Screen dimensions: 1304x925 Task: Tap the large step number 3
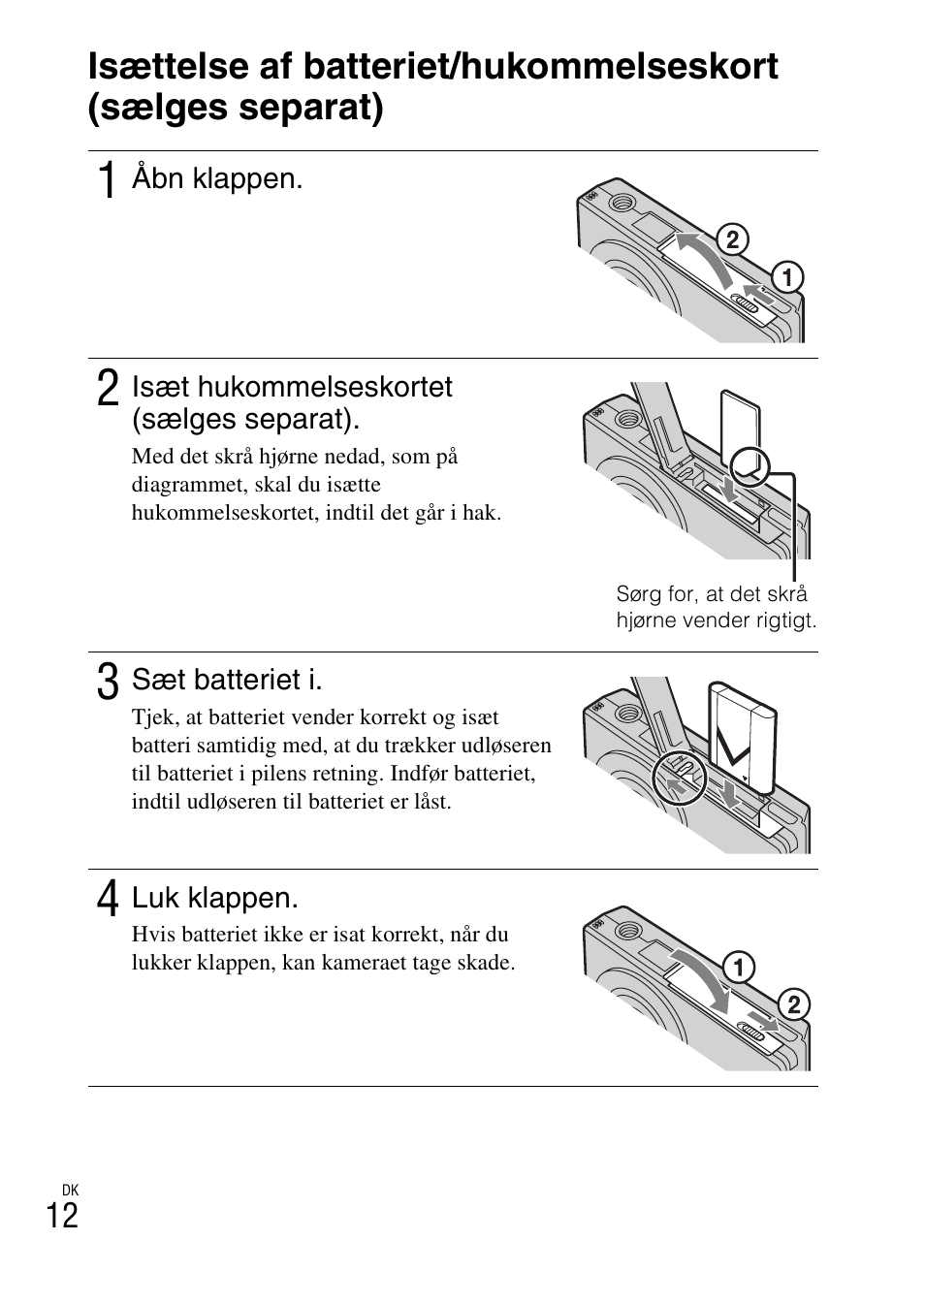(x=109, y=681)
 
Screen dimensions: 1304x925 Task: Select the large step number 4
(x=109, y=899)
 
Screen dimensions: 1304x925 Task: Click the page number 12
(x=62, y=1215)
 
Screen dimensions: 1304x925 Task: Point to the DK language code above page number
(x=69, y=1190)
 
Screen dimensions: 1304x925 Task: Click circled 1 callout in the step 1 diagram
(x=786, y=278)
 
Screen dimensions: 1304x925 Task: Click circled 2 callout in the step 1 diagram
(x=733, y=239)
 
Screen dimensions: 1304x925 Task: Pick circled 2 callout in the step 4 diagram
(x=792, y=1005)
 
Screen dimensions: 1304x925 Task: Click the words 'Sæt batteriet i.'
(x=227, y=680)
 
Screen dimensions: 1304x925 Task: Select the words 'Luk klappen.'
(x=214, y=898)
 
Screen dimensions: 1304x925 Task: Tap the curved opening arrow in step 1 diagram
(x=704, y=257)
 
